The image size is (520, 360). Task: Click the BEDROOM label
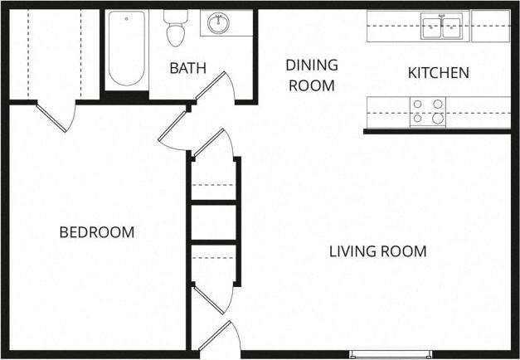pos(96,232)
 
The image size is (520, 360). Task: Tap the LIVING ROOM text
pos(377,251)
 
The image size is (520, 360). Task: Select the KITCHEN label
pos(438,73)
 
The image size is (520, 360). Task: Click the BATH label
pos(187,68)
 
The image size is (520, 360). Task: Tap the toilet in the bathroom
pos(175,28)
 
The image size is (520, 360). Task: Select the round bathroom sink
pos(219,23)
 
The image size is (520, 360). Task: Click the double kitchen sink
pos(441,27)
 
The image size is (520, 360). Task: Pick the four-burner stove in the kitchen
pos(427,112)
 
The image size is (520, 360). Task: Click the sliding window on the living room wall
pos(390,354)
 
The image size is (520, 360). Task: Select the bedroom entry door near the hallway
pos(173,129)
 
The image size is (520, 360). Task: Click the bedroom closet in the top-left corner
pos(50,54)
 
